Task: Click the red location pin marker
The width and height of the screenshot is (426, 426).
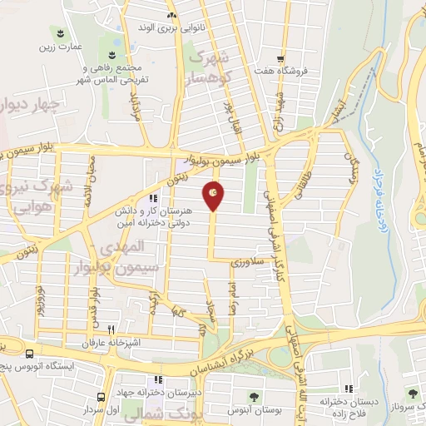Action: tap(215, 195)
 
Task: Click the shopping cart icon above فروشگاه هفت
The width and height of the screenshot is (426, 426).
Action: tap(281, 58)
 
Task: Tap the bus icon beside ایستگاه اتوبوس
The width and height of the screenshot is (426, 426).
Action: tap(30, 353)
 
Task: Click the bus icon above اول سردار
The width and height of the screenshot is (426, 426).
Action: tap(101, 397)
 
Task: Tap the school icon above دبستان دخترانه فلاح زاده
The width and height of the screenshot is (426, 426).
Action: tap(349, 389)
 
